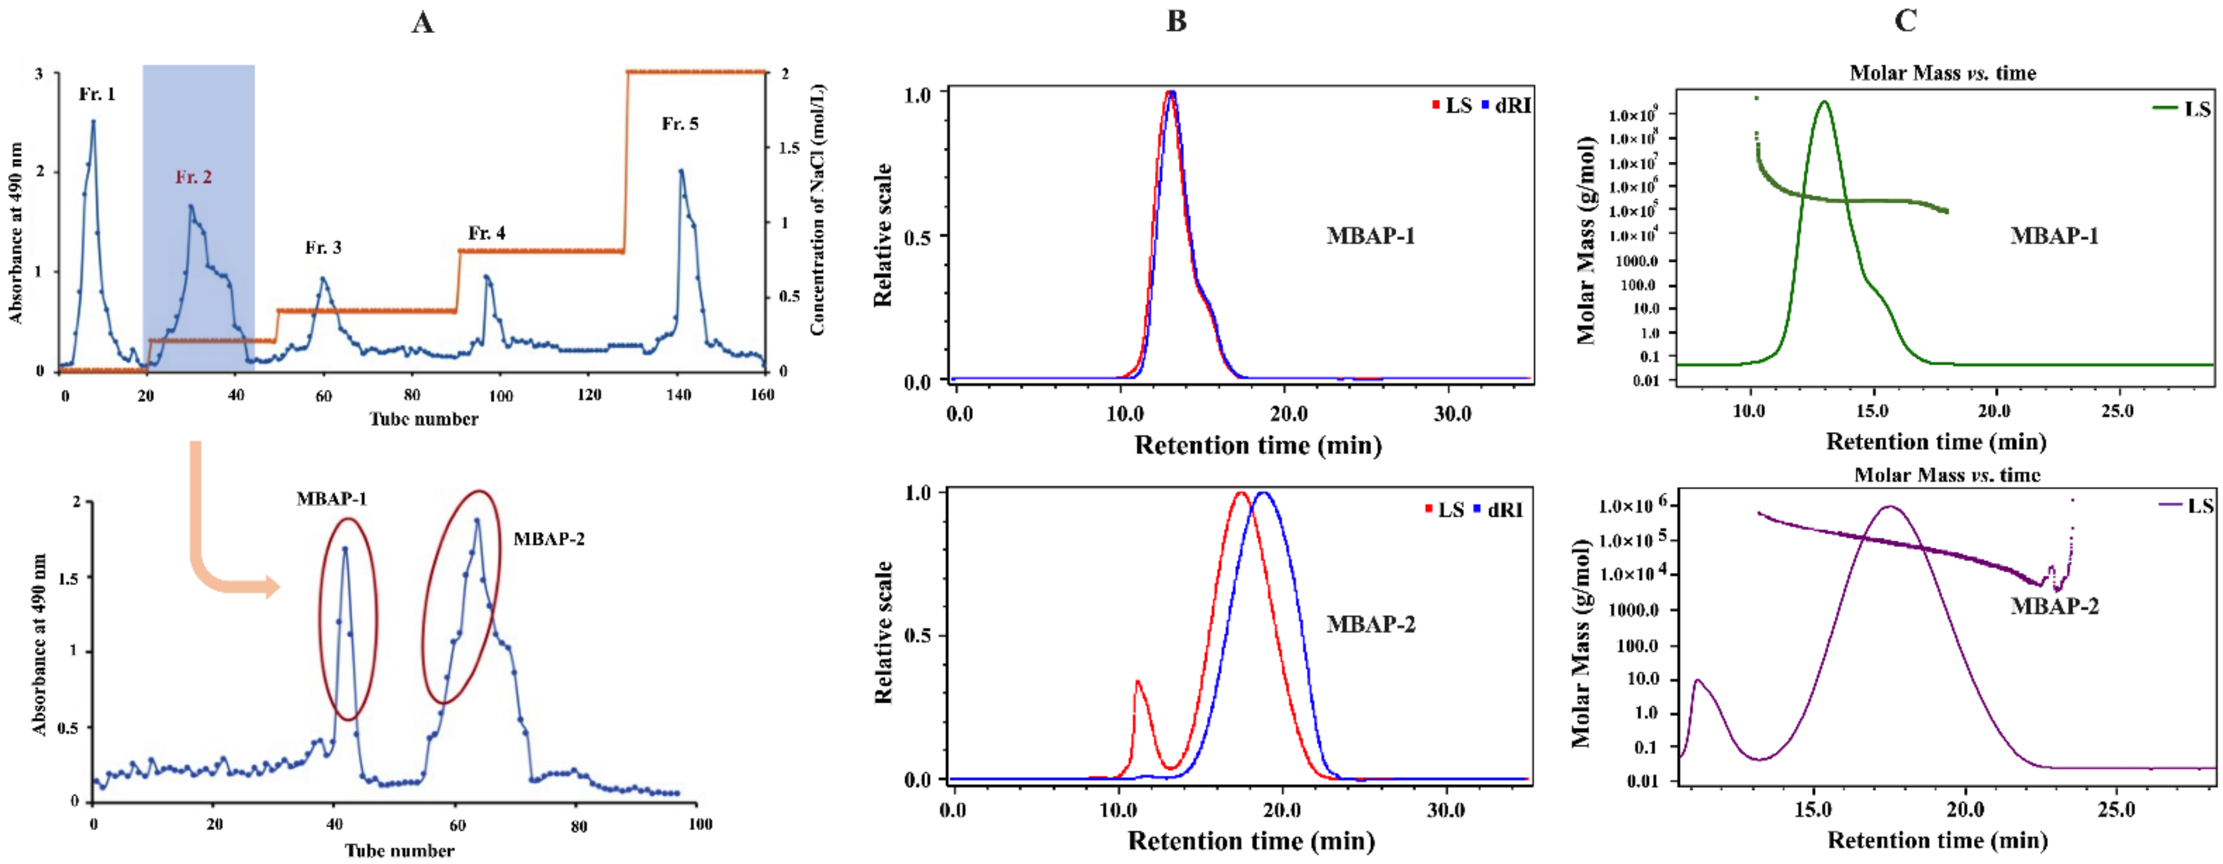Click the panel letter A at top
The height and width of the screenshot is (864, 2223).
422,22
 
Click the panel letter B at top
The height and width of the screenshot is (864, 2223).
1176,22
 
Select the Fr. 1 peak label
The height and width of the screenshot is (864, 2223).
96,94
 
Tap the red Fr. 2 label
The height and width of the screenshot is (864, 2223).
193,177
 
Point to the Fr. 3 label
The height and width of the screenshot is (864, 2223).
323,248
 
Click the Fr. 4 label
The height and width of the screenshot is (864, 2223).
486,233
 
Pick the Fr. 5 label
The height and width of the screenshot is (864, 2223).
680,123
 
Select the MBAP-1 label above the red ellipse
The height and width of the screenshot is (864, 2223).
331,499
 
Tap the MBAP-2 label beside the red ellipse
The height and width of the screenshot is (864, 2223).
549,539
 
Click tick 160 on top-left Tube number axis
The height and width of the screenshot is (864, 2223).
762,395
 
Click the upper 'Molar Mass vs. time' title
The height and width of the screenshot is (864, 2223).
1942,73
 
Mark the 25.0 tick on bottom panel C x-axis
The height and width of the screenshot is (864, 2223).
2116,810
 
